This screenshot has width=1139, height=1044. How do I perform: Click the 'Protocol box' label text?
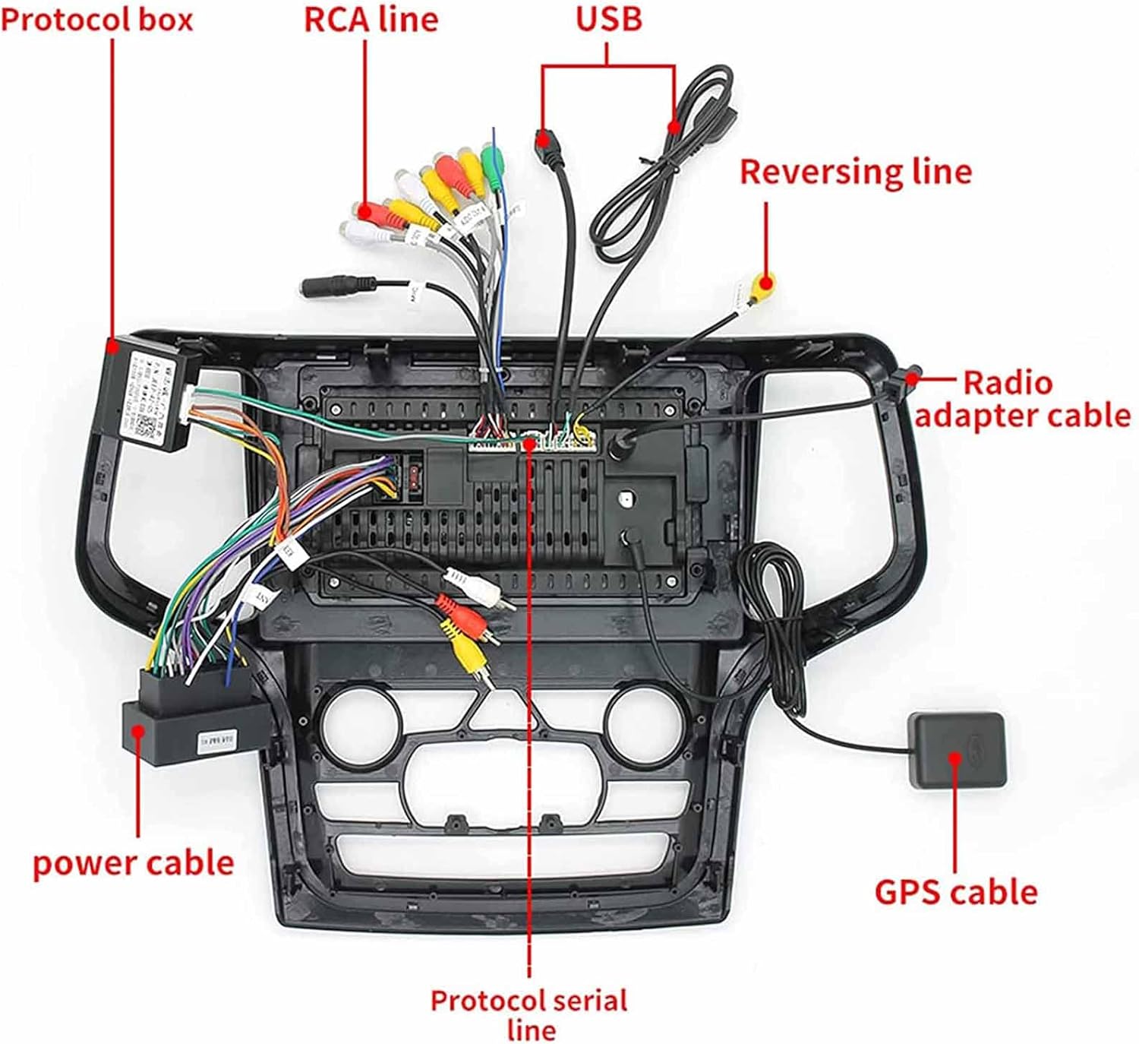(x=96, y=20)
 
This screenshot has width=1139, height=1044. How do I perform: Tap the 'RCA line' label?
(x=371, y=20)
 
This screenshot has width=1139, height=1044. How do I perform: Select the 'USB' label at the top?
(x=608, y=18)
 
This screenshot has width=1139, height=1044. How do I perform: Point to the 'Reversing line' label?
(x=856, y=172)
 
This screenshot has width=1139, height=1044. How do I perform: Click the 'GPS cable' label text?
(x=955, y=892)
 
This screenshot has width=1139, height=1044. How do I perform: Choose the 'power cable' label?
(x=133, y=863)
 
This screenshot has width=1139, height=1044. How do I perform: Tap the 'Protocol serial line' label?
(x=529, y=1014)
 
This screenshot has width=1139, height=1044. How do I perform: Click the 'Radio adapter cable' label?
(x=1021, y=400)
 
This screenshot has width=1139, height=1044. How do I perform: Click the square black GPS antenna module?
(x=958, y=750)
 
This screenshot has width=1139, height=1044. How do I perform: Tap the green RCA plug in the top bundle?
(x=493, y=161)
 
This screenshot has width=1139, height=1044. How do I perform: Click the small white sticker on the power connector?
(x=217, y=739)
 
